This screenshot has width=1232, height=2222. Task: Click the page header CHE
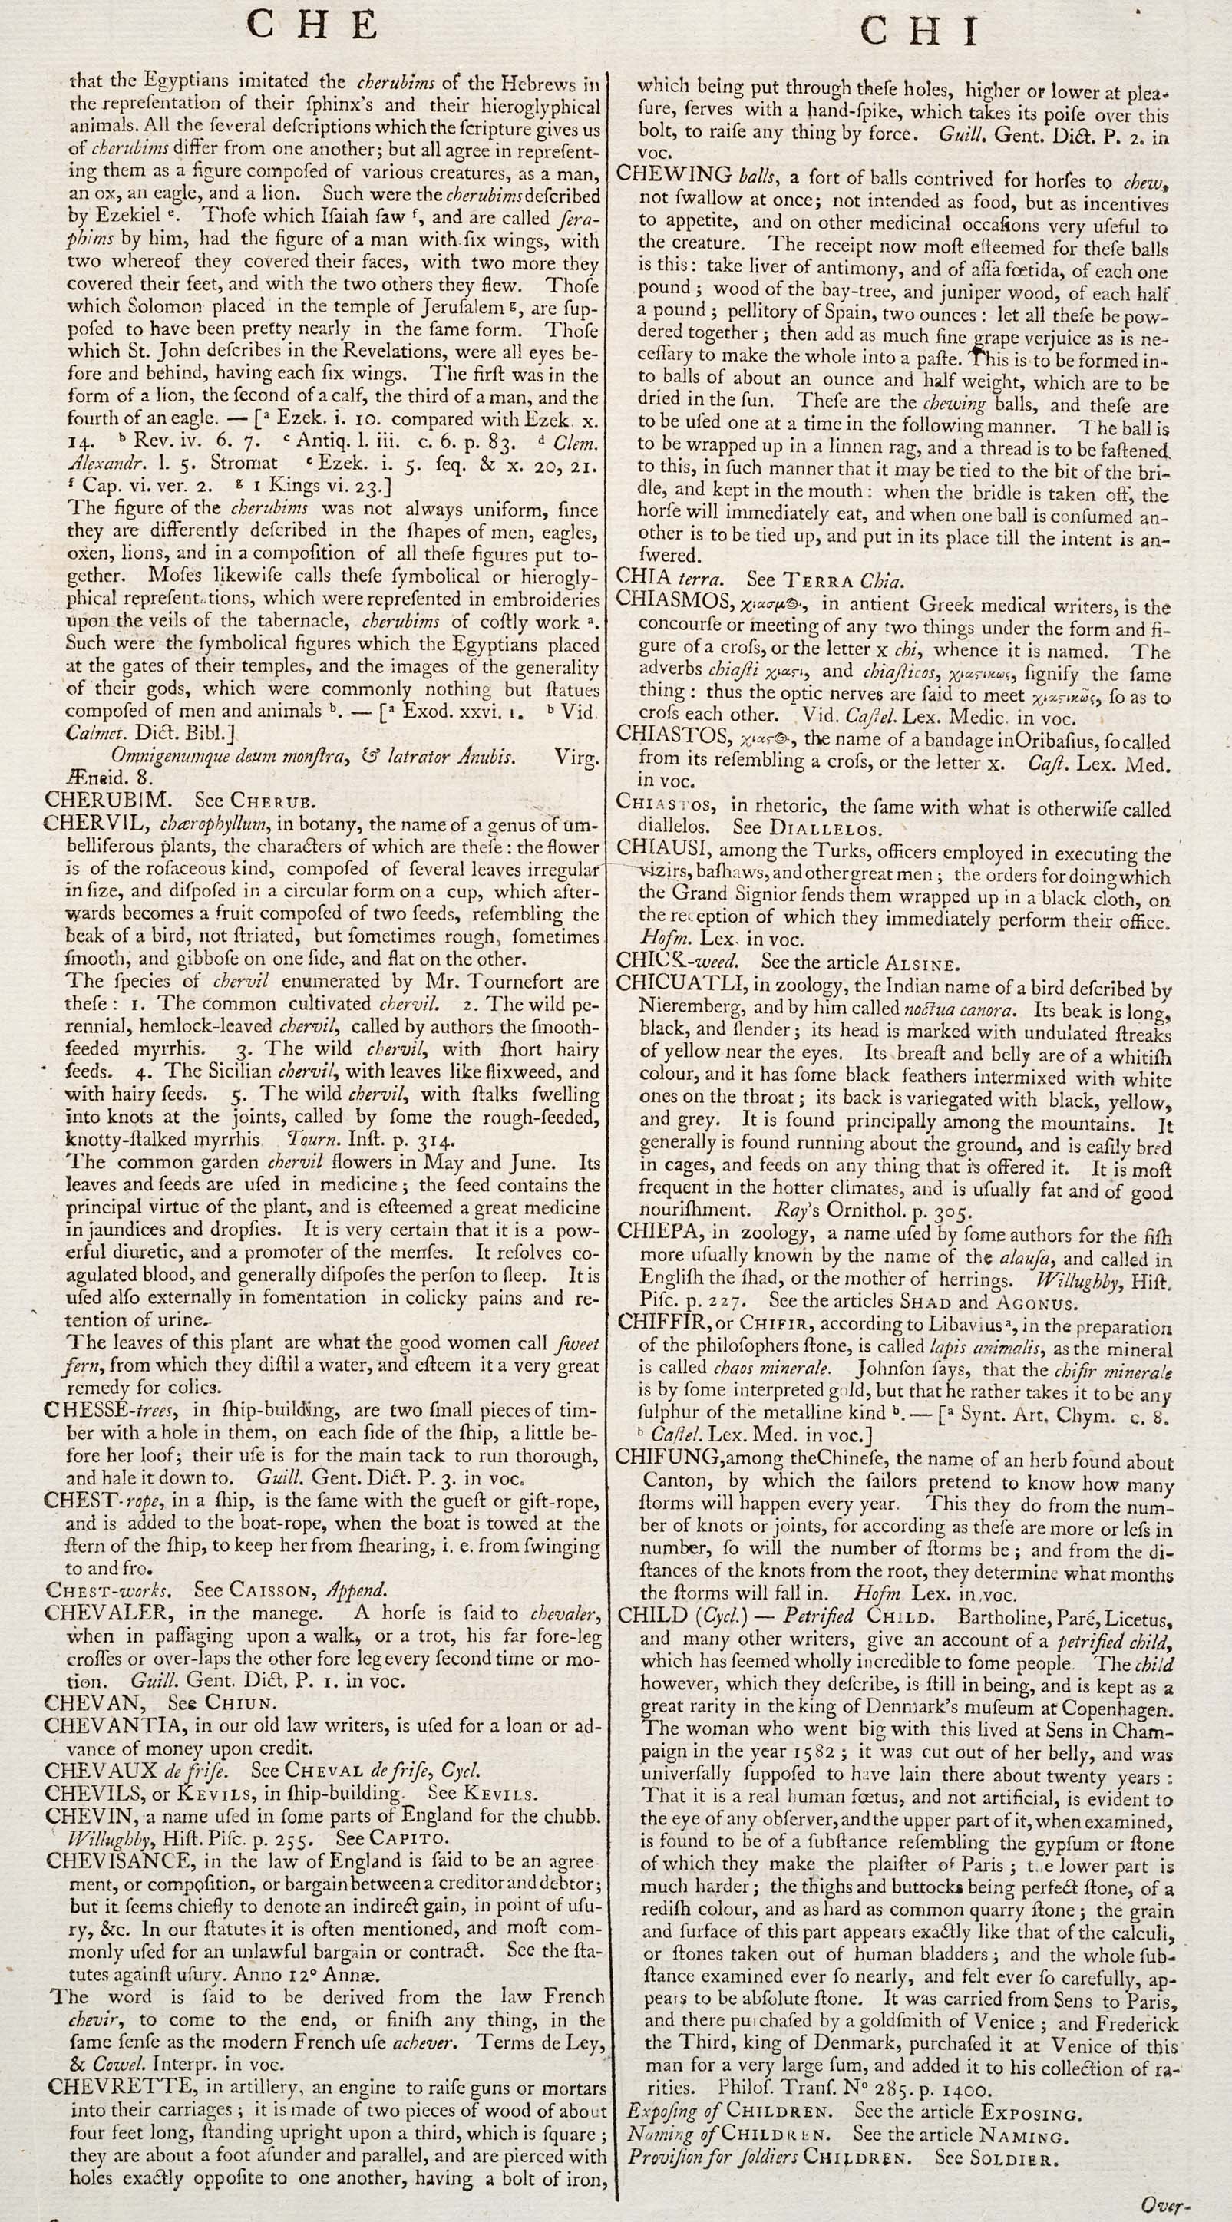pos(313,27)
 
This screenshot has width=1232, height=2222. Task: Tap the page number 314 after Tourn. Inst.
pos(438,1140)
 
